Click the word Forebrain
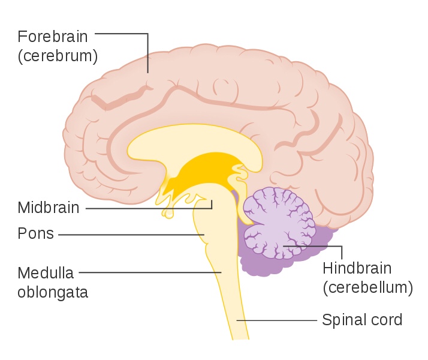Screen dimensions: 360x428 pyautogui.click(x=53, y=36)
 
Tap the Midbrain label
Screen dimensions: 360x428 pyautogui.click(x=48, y=208)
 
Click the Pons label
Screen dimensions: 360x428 pyautogui.click(x=35, y=234)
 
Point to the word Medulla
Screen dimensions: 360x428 pyautogui.click(x=46, y=273)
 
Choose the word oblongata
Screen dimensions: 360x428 pyautogui.click(x=53, y=292)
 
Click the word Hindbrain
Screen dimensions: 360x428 pyautogui.click(x=357, y=268)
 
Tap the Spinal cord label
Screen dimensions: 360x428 pyautogui.click(x=362, y=320)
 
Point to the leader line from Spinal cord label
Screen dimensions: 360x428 pyautogui.click(x=276, y=320)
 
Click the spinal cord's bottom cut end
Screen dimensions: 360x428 pyautogui.click(x=240, y=338)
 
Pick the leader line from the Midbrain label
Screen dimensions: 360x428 pyautogui.click(x=150, y=208)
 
